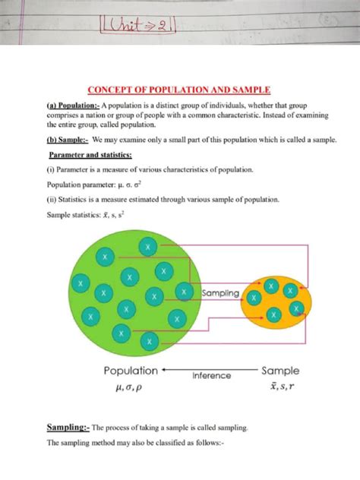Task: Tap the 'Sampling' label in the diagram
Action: (220, 292)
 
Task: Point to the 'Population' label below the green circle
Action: (131, 371)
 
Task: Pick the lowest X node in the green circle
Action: (149, 344)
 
